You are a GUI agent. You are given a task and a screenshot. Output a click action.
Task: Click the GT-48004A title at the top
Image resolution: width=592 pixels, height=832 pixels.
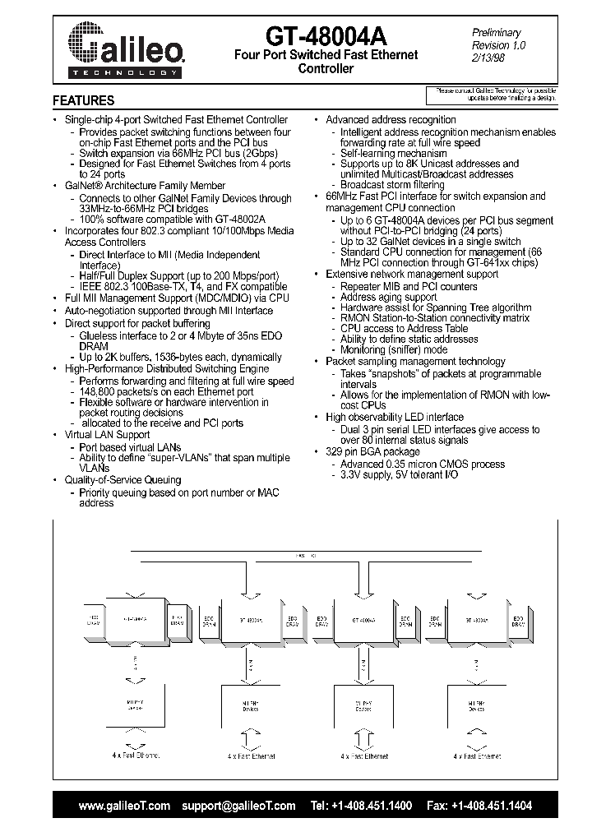click(326, 35)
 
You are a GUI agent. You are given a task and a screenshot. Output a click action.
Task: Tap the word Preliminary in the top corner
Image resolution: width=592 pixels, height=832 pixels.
click(496, 32)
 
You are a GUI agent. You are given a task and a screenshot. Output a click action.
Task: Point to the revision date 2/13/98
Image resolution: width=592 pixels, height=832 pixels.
click(488, 58)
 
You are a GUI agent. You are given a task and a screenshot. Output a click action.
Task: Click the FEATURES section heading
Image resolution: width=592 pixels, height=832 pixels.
click(83, 101)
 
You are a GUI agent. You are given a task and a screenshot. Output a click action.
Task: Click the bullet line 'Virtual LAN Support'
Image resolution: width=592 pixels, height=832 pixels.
click(107, 434)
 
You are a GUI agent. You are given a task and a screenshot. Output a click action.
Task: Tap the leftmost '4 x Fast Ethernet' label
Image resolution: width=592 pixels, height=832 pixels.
click(135, 755)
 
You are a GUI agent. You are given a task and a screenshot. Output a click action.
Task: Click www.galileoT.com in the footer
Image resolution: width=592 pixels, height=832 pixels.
click(124, 806)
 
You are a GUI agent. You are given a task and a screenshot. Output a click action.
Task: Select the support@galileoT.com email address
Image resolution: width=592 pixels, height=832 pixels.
click(238, 806)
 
